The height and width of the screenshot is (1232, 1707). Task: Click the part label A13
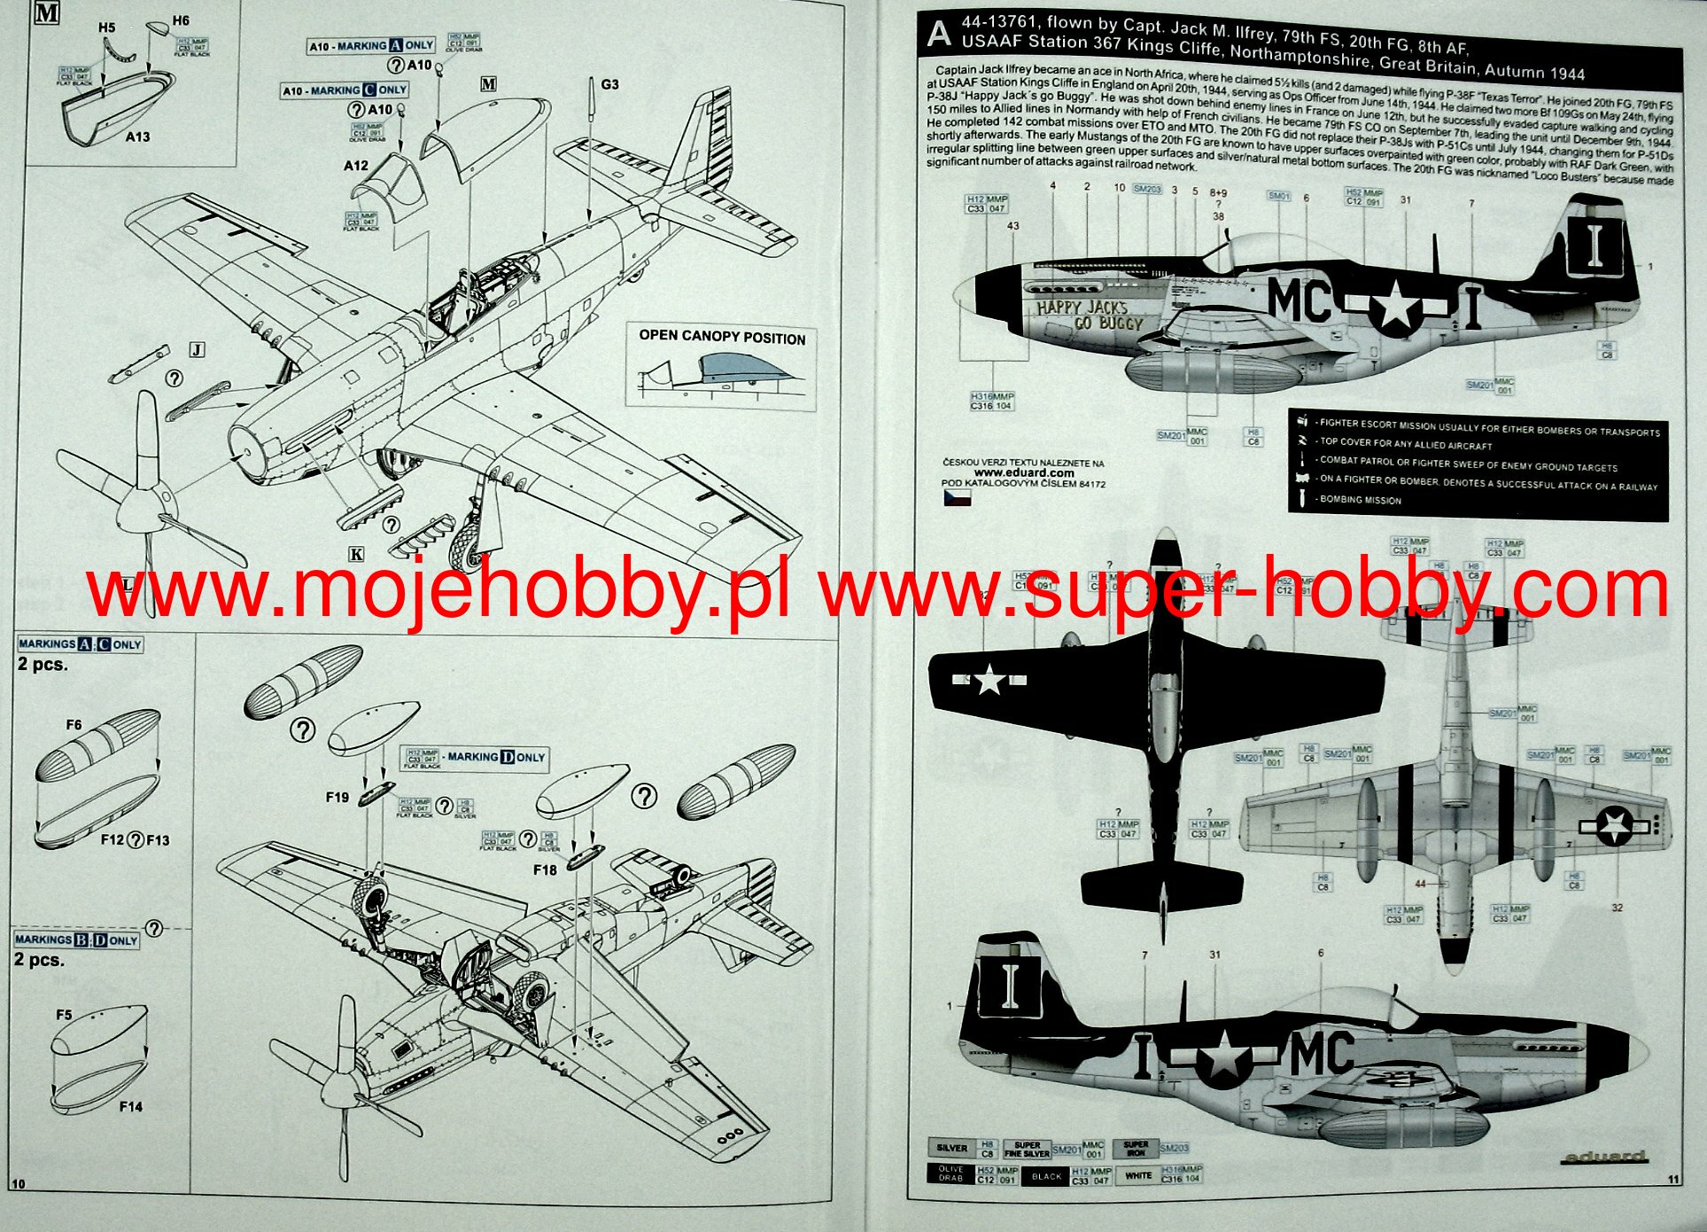[x=137, y=136]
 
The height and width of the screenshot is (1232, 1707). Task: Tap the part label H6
[x=180, y=19]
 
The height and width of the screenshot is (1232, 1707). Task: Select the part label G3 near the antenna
[x=609, y=84]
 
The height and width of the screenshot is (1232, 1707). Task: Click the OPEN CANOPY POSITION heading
[x=722, y=337]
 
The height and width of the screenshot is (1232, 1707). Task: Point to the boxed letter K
[x=356, y=555]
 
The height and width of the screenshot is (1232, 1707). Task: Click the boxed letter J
[x=197, y=350]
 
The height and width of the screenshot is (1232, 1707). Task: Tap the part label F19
[x=337, y=797]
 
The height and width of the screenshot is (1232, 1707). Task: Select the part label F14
[x=130, y=1106]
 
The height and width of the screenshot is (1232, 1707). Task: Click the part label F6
[x=74, y=725]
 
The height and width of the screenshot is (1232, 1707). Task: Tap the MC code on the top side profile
[x=1299, y=300]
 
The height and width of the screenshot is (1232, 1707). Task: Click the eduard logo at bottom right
[x=1604, y=1157]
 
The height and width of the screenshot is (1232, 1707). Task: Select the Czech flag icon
[x=957, y=498]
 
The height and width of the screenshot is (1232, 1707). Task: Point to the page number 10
[x=19, y=1184]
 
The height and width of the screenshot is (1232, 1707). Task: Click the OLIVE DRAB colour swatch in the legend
[x=950, y=1174]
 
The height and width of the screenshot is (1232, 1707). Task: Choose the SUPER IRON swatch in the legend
[x=1136, y=1150]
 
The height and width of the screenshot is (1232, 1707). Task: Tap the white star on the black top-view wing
[x=989, y=681]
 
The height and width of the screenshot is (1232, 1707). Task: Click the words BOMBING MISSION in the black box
[x=1360, y=500]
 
